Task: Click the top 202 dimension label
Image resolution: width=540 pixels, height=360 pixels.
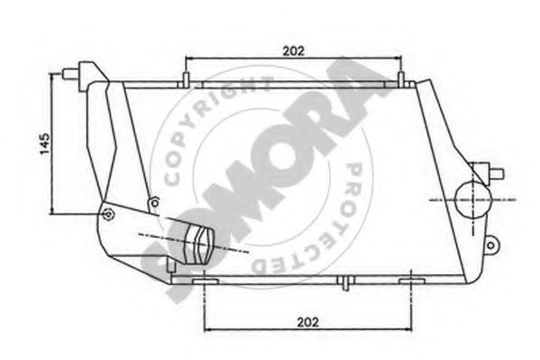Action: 292,51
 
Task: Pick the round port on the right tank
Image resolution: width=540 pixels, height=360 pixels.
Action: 471,198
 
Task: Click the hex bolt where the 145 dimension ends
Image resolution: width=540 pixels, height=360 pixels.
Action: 109,214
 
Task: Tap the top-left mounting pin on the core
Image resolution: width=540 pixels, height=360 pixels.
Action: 187,79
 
